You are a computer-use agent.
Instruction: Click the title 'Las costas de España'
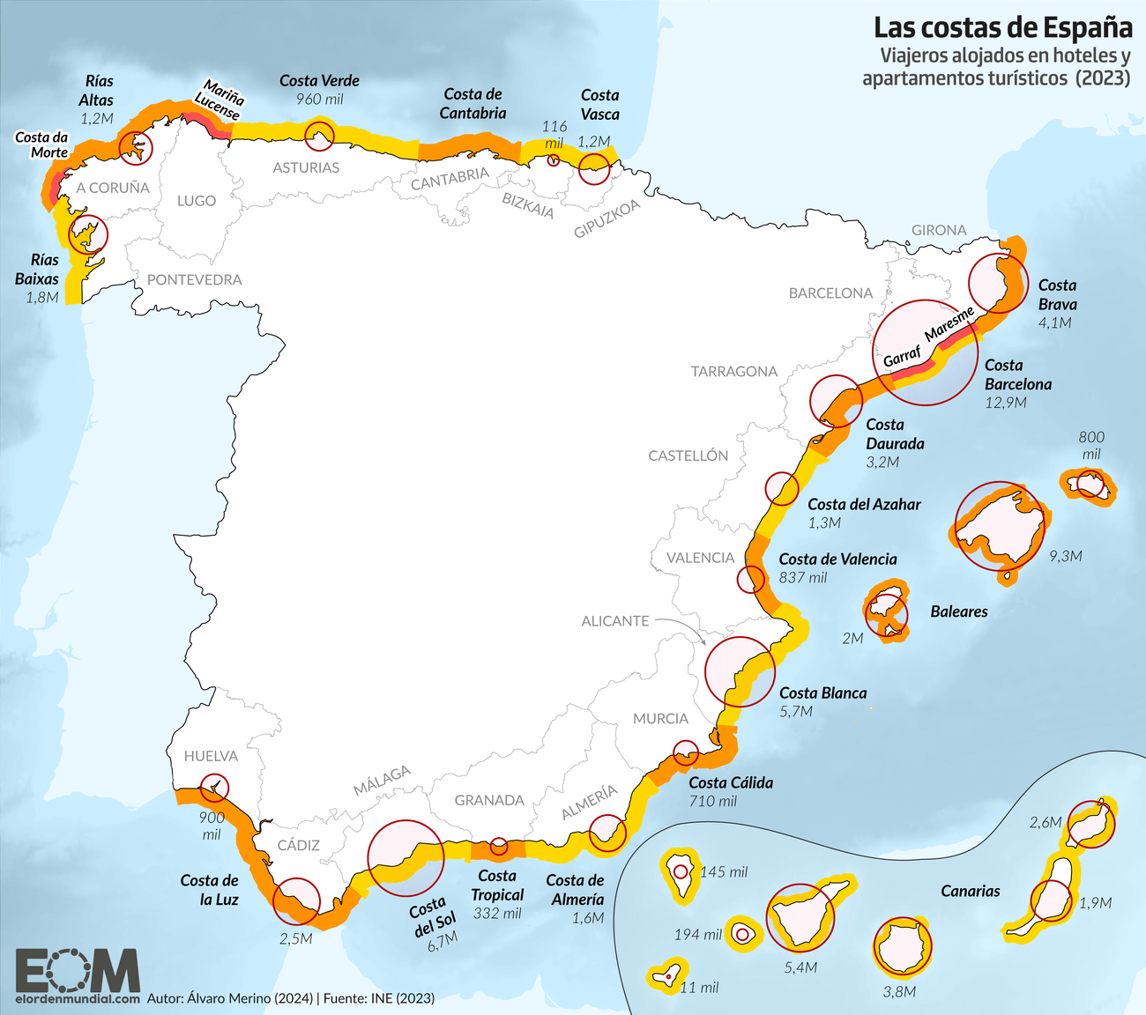1003,27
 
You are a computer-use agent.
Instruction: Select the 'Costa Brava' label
1057,294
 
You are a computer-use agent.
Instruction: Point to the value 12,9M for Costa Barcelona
1006,403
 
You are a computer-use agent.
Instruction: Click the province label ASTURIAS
306,167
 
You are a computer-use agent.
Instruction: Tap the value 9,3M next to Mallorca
1065,556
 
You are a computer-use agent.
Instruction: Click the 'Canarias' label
970,891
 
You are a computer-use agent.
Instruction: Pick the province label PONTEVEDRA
194,279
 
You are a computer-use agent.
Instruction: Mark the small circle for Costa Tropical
499,845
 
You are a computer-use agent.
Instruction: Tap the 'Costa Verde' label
319,81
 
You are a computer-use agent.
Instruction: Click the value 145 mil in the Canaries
724,871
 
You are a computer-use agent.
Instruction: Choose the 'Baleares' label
959,611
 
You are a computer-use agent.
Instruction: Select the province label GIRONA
939,230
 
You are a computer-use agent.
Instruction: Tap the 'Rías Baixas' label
38,269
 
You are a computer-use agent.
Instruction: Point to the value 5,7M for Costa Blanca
796,711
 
